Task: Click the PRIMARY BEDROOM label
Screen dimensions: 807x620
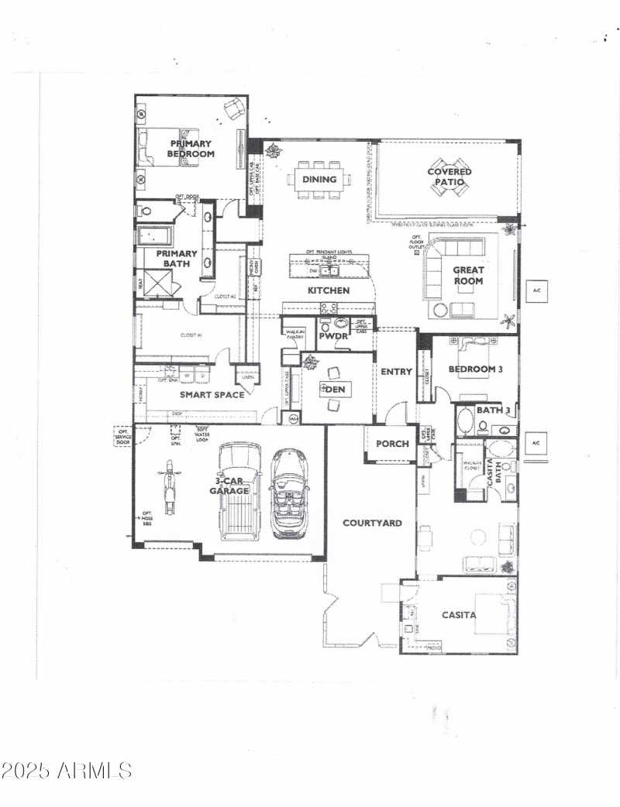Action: click(x=191, y=149)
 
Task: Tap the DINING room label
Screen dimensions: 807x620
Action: click(x=319, y=180)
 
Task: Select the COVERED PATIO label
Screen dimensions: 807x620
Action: click(x=449, y=177)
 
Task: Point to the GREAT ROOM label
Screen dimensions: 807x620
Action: click(x=468, y=276)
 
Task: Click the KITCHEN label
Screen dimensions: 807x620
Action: click(x=329, y=290)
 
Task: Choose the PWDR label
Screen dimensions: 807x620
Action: click(x=333, y=338)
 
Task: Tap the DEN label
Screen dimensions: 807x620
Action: click(x=336, y=390)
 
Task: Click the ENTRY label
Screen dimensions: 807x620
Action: click(x=396, y=372)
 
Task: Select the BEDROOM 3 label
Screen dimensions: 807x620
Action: click(x=476, y=369)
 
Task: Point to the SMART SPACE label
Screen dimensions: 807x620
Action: click(x=212, y=395)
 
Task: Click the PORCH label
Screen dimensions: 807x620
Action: click(x=392, y=444)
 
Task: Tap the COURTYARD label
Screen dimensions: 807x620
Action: click(x=373, y=524)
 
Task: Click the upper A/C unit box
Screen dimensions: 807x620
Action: click(x=536, y=290)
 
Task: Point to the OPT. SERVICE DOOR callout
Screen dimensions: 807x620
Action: click(x=122, y=435)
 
